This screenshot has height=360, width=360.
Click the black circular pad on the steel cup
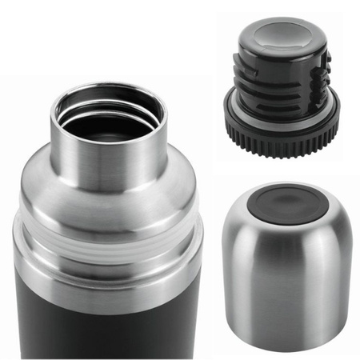285,203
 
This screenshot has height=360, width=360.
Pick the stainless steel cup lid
288,264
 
